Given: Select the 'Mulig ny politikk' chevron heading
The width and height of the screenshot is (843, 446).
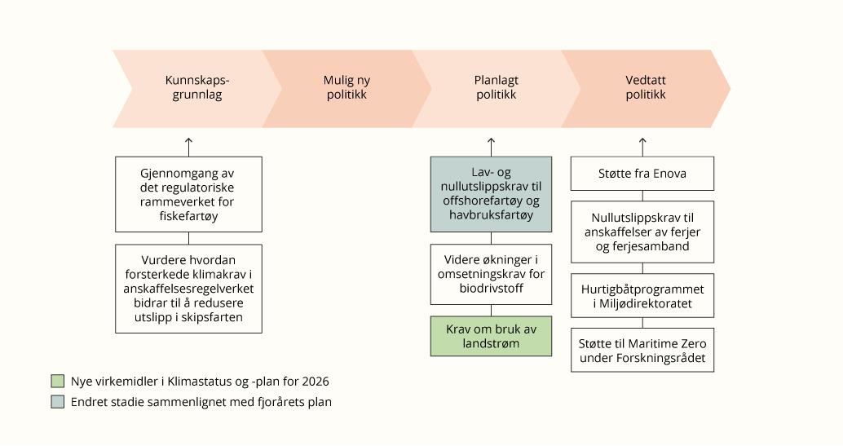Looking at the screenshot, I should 346,88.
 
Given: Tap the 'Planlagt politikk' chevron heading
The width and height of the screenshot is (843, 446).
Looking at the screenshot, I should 496,88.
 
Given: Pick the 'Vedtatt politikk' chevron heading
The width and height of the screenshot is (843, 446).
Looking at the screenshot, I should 646,88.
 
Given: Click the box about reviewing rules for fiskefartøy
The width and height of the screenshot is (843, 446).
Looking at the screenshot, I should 189,194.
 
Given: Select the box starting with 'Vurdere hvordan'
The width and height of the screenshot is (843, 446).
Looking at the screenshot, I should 189,288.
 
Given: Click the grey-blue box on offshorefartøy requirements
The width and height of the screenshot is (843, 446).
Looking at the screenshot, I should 491,193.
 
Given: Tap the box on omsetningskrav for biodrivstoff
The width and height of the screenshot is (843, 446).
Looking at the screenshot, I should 491,274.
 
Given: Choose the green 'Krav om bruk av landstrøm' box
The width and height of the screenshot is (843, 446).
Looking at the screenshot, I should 491,335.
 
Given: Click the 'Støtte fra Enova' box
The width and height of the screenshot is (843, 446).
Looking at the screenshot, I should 642,174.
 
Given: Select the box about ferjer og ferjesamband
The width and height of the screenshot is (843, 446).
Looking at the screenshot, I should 642,232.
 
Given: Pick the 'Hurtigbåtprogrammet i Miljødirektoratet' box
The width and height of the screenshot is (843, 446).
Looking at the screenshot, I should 642,297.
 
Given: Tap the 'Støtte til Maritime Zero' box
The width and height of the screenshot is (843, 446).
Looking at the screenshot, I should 642,350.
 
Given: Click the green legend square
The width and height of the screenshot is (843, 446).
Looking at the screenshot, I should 57,381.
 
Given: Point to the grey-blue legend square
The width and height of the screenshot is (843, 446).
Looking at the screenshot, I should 57,401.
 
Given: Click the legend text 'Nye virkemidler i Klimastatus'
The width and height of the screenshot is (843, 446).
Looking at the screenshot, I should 200,381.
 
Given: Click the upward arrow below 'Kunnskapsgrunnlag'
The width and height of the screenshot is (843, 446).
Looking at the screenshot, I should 189,147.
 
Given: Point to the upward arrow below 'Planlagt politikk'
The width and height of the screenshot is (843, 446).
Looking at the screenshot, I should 491,147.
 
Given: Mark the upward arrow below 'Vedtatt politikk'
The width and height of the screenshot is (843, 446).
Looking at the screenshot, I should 642,147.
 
